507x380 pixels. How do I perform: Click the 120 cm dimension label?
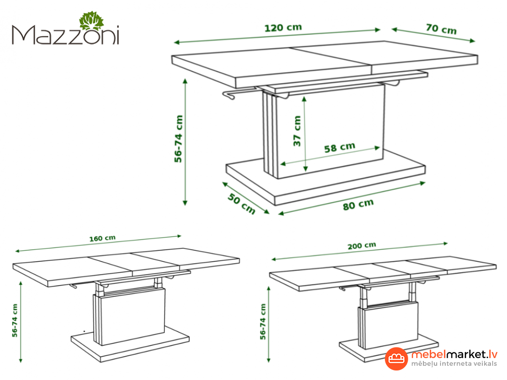(283, 28)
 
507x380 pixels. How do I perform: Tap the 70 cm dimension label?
(441, 29)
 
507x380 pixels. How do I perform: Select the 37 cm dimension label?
(297, 131)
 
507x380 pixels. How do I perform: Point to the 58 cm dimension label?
(340, 147)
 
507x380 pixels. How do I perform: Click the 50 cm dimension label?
(241, 204)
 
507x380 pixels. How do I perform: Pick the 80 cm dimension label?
(358, 205)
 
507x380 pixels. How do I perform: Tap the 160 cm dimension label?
(102, 238)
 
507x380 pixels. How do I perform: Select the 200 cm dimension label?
(362, 246)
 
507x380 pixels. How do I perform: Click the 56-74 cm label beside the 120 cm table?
(178, 139)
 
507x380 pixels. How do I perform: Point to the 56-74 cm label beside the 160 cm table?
(15, 321)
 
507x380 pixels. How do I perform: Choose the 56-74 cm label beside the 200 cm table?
(263, 322)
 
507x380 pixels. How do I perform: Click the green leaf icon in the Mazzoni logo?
(92, 21)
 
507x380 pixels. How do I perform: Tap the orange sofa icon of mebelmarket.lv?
(396, 358)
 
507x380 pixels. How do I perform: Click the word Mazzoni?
(66, 35)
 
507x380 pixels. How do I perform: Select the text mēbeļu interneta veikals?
(454, 363)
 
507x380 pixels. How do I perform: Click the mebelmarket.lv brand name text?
(454, 354)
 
